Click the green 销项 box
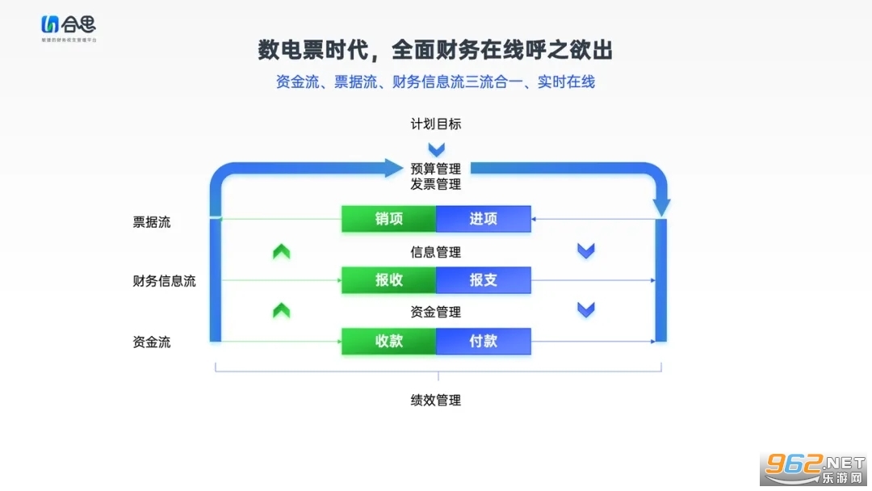click(388, 219)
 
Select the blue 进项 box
click(483, 219)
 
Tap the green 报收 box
click(388, 280)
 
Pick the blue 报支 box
click(483, 280)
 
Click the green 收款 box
click(388, 341)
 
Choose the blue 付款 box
click(483, 341)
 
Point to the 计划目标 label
click(436, 124)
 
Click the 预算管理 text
click(436, 169)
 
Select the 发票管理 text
click(436, 184)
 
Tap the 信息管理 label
click(436, 252)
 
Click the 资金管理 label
click(436, 312)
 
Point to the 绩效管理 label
click(436, 400)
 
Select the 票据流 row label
click(152, 222)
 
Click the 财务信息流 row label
click(164, 281)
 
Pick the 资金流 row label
click(152, 342)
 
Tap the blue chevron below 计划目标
click(436, 149)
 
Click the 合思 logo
click(68, 27)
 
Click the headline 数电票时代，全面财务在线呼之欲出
click(435, 50)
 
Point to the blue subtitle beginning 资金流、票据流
click(435, 82)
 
